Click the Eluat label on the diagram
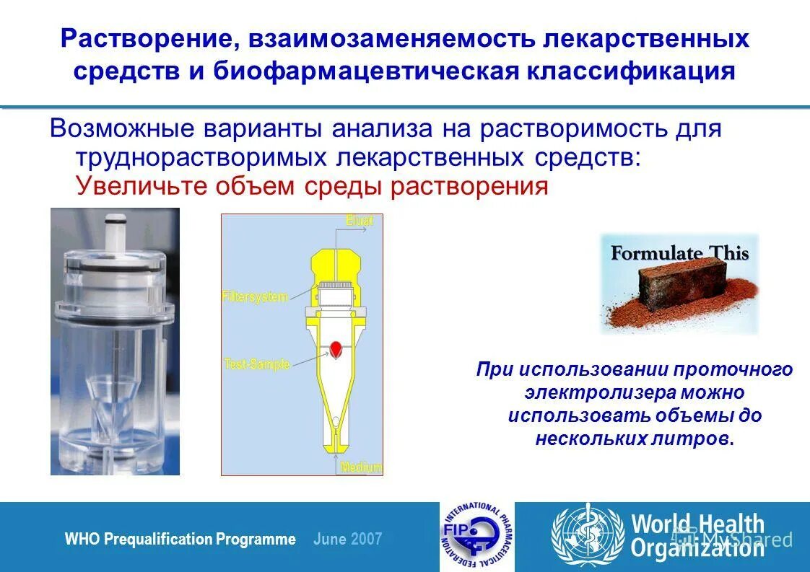point(359,221)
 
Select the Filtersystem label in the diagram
point(255,296)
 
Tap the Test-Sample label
point(257,364)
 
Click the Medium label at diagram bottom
point(361,467)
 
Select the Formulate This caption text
point(679,253)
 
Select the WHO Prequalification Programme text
point(180,539)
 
